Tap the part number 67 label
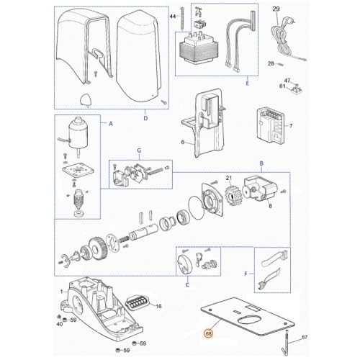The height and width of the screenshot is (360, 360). (x=305, y=337)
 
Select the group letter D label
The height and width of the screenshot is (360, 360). (x=145, y=117)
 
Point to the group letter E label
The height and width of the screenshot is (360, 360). (x=247, y=84)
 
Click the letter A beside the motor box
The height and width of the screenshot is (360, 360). (x=110, y=124)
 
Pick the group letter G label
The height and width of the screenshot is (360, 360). (x=139, y=150)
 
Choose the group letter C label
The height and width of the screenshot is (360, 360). (x=189, y=284)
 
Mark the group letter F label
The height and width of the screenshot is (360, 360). (x=246, y=274)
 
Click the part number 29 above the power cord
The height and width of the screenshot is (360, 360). (x=276, y=9)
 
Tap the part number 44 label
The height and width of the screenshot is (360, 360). (x=172, y=15)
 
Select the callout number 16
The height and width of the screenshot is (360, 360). (x=159, y=306)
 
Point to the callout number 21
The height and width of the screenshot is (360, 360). (x=229, y=178)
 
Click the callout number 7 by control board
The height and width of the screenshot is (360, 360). (x=291, y=125)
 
